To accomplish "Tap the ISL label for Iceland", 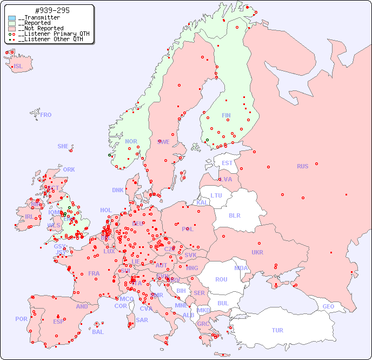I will (x=18, y=67).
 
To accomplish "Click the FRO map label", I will (x=46, y=115).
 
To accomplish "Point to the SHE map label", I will (x=63, y=146).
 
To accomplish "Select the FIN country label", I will (x=226, y=115).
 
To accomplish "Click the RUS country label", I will (x=302, y=166).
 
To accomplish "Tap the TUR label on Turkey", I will (x=277, y=330).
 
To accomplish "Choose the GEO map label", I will (x=328, y=306).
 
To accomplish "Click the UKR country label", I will (x=257, y=252).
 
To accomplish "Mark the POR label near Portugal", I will (x=21, y=319).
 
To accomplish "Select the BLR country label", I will (x=234, y=215).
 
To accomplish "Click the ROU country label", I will (x=221, y=279).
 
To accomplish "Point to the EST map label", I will (x=227, y=163).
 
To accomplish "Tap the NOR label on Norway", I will (x=131, y=141).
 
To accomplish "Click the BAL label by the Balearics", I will (x=98, y=332).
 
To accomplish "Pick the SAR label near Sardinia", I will (x=142, y=320).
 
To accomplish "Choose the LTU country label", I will (x=216, y=195).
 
